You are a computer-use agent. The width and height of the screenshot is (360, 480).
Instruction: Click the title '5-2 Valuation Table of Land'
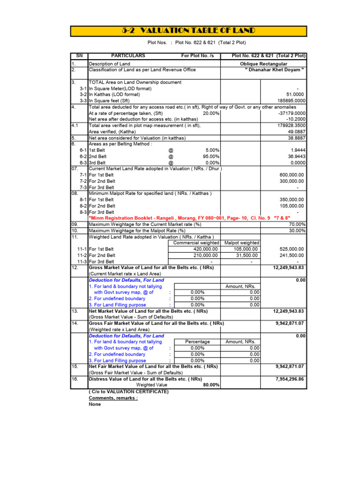click(188, 31)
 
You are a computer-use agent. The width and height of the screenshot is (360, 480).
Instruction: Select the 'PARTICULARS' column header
click(128, 56)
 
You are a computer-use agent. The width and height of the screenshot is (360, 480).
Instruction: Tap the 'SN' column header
click(79, 56)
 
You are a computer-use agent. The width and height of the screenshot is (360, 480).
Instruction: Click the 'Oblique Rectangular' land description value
click(263, 64)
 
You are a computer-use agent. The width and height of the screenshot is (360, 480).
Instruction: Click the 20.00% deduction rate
click(211, 113)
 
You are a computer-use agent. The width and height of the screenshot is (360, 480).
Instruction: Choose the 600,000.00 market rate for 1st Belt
click(292, 175)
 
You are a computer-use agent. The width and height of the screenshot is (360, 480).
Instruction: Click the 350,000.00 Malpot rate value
click(292, 199)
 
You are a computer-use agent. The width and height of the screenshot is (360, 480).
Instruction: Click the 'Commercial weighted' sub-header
click(196, 243)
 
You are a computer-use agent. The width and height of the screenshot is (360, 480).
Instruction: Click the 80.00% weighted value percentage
click(211, 385)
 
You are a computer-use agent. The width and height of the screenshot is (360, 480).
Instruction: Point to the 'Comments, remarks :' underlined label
click(113, 397)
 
